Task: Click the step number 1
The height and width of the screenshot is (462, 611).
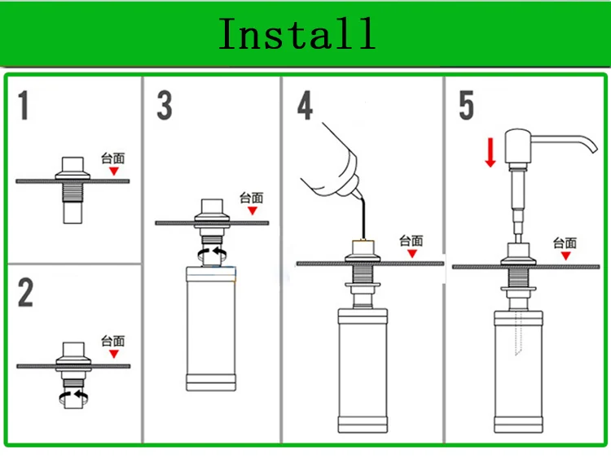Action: pos(24,105)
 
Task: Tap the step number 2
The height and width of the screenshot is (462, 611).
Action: pos(25,292)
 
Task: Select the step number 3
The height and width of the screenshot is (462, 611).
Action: pos(165,106)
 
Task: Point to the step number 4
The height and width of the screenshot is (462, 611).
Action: pos(305,106)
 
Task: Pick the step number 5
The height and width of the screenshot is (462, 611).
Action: pos(467,106)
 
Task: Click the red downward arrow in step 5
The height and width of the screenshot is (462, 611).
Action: pos(490,152)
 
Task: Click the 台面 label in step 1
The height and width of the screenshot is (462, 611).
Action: pos(113,159)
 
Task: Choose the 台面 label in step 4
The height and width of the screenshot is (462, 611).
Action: pos(412,240)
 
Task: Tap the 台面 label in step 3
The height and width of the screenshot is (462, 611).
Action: pos(252,198)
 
